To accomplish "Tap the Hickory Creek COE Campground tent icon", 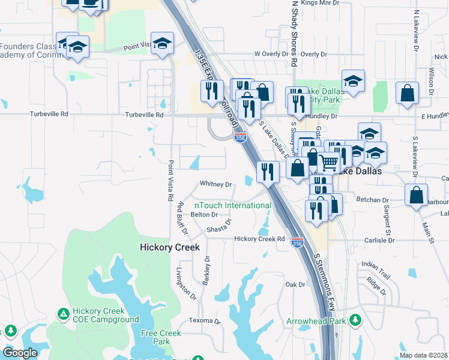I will tap(63, 313).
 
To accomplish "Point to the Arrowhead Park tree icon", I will tap(355, 320).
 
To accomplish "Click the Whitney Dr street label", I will tap(215, 184).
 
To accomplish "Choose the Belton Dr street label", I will tap(203, 214).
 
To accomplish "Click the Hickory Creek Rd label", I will tap(259, 239).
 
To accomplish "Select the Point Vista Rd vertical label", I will tap(171, 180).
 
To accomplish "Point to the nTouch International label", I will tap(232, 205).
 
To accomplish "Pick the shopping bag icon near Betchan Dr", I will tap(416, 195).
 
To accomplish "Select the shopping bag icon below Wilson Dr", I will tap(408, 93).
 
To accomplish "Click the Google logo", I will tap(20, 353).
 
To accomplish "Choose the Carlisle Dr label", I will tap(379, 240).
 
